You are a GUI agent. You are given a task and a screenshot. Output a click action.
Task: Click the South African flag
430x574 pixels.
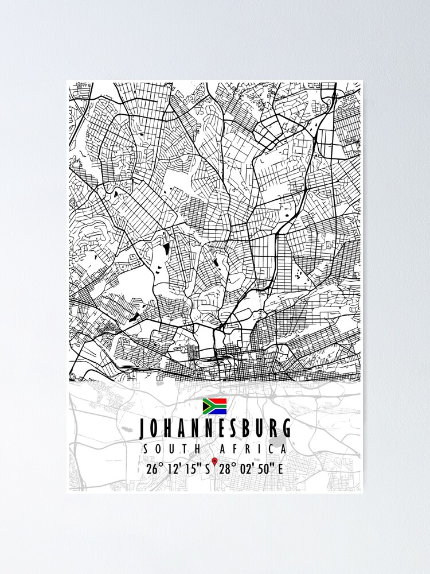215,406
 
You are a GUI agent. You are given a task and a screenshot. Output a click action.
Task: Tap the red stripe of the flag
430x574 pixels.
218,401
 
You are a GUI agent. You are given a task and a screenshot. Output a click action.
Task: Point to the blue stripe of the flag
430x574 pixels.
218,411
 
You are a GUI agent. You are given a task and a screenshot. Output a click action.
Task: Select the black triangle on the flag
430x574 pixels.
205,406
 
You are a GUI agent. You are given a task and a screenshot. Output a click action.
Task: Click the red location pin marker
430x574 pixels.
214,461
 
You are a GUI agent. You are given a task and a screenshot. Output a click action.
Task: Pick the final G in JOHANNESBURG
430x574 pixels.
286,429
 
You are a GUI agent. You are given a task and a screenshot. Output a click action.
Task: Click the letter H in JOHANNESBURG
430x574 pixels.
171,429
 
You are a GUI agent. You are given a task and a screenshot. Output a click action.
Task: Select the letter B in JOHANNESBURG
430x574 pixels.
245,429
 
